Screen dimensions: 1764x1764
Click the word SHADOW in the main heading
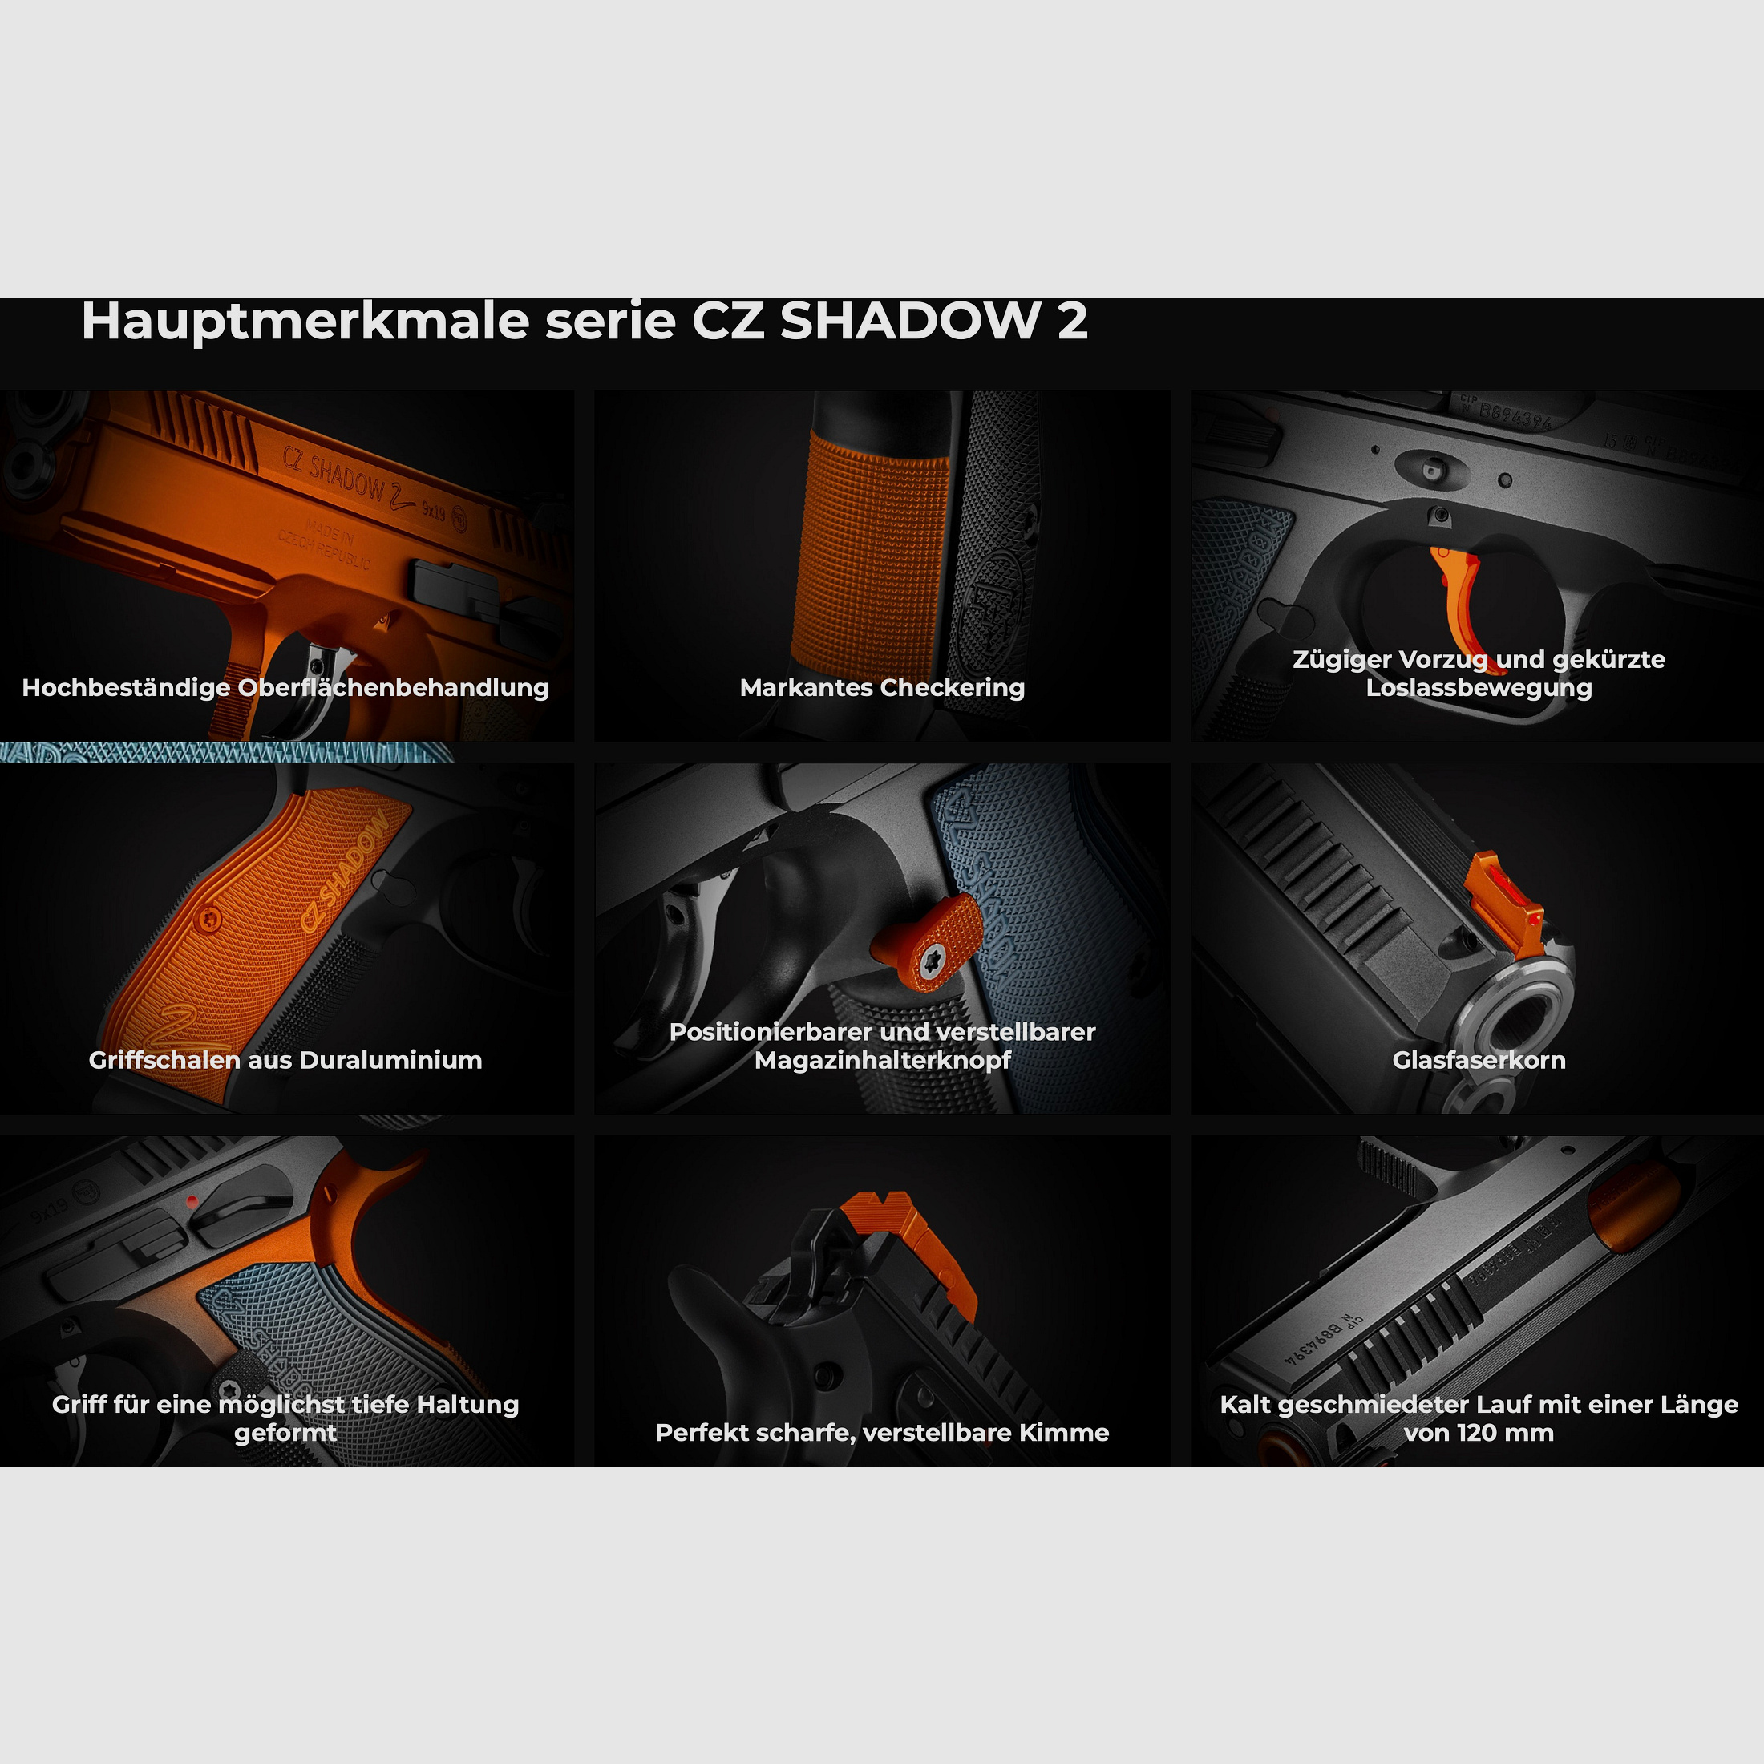coord(909,322)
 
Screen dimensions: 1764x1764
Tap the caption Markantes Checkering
coord(882,687)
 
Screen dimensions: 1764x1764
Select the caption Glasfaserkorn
coord(1479,1060)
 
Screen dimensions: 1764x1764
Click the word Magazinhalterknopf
coord(882,1060)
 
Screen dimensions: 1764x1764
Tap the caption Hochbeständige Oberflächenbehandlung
coord(285,687)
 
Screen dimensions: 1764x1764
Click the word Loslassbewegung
coord(1479,687)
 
